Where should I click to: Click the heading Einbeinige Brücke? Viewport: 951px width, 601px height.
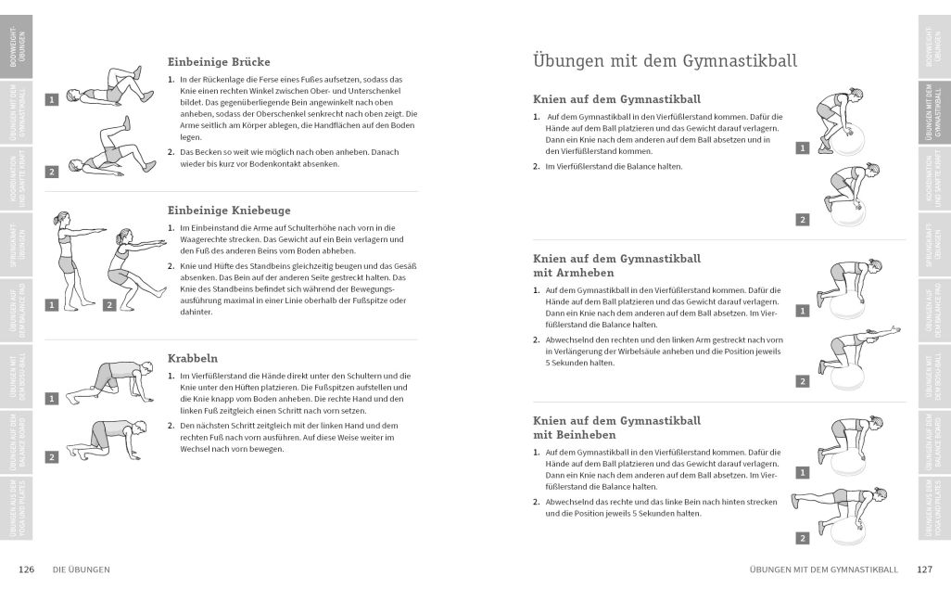219,62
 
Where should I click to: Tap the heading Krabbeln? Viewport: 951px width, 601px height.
193,357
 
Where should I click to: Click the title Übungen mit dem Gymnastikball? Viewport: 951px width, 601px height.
665,61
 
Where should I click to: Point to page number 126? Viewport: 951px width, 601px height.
27,569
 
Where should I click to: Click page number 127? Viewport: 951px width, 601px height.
924,569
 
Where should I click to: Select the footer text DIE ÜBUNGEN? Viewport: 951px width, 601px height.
82,569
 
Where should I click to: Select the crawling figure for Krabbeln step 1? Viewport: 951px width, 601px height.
112,380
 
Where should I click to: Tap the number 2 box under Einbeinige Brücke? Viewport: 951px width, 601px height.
51,172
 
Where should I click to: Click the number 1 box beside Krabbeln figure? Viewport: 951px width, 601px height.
51,399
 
